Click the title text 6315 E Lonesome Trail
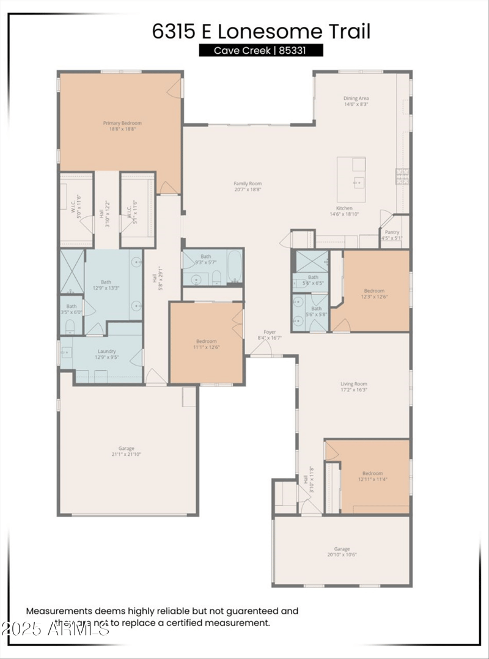(261, 31)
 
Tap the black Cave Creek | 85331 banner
(261, 51)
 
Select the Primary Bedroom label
(119, 126)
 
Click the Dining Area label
(356, 101)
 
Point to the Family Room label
(248, 186)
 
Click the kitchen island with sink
(351, 180)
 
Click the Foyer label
(270, 334)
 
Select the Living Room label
(354, 387)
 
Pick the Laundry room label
(106, 355)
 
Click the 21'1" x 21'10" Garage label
(127, 451)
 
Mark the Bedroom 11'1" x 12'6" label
(206, 345)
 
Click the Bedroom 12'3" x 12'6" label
(374, 293)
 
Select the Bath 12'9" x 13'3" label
(106, 285)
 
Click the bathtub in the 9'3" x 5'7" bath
(234, 267)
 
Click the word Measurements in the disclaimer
(58, 611)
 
